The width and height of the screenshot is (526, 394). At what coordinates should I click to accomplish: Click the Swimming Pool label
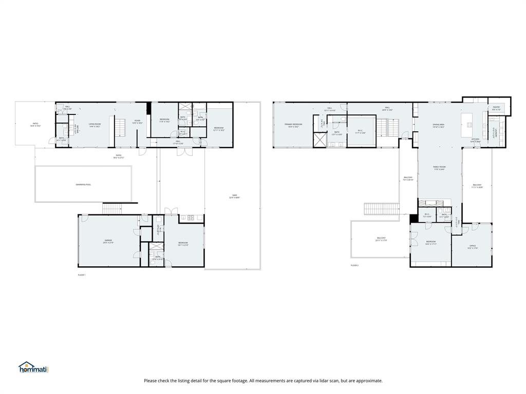pos(84,185)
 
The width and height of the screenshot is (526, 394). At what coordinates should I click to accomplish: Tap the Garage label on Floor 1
pos(108,241)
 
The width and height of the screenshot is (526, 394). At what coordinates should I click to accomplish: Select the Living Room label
pos(95,125)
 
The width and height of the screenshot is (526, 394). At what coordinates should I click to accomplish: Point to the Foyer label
pos(137,122)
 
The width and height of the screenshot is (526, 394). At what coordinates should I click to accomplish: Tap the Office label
pos(473,247)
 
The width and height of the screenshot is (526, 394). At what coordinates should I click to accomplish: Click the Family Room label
pos(439,168)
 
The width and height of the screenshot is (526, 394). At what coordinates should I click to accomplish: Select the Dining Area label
pos(438,125)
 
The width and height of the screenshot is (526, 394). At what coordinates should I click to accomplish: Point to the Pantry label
pos(496,108)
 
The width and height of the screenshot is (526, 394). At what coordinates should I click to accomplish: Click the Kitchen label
pos(475,140)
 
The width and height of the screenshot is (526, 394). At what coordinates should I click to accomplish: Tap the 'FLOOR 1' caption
pos(81,275)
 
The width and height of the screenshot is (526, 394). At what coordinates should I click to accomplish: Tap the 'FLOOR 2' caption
pos(354,265)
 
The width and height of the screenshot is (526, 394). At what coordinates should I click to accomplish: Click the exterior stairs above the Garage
pos(113,208)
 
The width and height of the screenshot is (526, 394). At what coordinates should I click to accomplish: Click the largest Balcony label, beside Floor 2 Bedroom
pos(381,239)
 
